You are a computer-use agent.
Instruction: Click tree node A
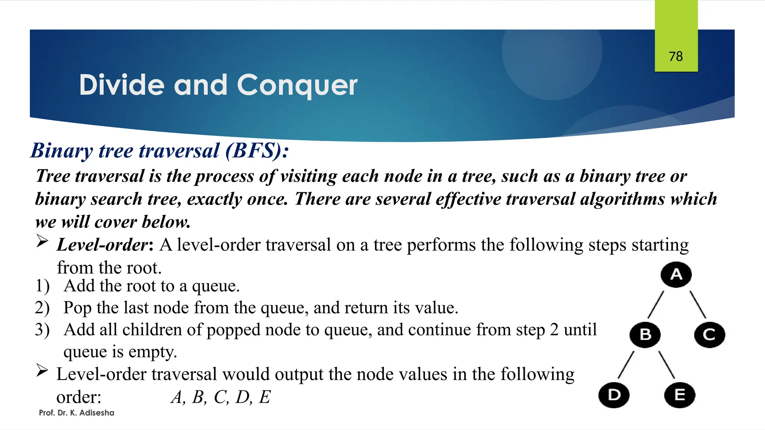[676, 275]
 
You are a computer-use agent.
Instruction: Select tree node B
[645, 335]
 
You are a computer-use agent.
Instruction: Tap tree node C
[709, 335]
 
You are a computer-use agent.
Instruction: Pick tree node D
[614, 395]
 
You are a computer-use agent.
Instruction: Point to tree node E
[679, 395]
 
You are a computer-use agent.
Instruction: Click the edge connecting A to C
[697, 305]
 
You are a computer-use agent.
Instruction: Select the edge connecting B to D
[626, 365]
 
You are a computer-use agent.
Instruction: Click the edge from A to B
[656, 305]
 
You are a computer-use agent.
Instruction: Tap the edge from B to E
[666, 365]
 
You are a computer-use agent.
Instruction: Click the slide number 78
[676, 56]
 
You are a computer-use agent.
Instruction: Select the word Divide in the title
[122, 85]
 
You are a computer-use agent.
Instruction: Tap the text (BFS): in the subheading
[257, 151]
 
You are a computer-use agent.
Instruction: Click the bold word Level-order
[103, 245]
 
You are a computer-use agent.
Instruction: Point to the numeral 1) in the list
[42, 286]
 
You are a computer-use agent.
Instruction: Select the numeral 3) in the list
[42, 330]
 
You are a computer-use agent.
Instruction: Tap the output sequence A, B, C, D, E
[220, 397]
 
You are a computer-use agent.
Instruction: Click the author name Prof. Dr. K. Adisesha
[77, 413]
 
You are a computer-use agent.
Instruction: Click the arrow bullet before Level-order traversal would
[42, 371]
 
